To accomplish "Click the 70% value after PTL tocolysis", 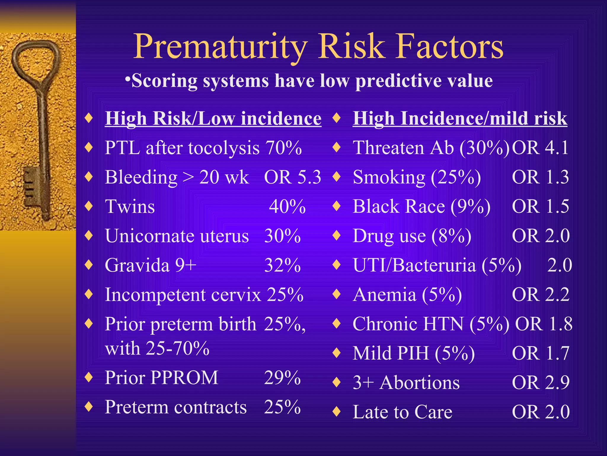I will (x=283, y=148).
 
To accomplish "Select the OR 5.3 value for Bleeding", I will (x=292, y=177).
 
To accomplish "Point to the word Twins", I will (x=130, y=206).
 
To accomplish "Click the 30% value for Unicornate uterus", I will (x=282, y=236).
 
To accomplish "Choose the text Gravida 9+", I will (x=151, y=265).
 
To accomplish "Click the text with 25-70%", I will (x=157, y=348).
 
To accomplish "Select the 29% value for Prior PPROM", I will (x=282, y=378).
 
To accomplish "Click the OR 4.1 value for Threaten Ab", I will (x=540, y=148).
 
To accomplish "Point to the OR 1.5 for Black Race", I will (x=540, y=206).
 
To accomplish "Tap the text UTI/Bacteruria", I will (x=414, y=265).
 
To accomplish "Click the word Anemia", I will (x=384, y=294).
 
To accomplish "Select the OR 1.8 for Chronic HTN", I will (x=544, y=324).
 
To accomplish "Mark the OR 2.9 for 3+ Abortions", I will (x=540, y=382).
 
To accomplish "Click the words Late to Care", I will (x=402, y=412).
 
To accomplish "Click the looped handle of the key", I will (x=36, y=61).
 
